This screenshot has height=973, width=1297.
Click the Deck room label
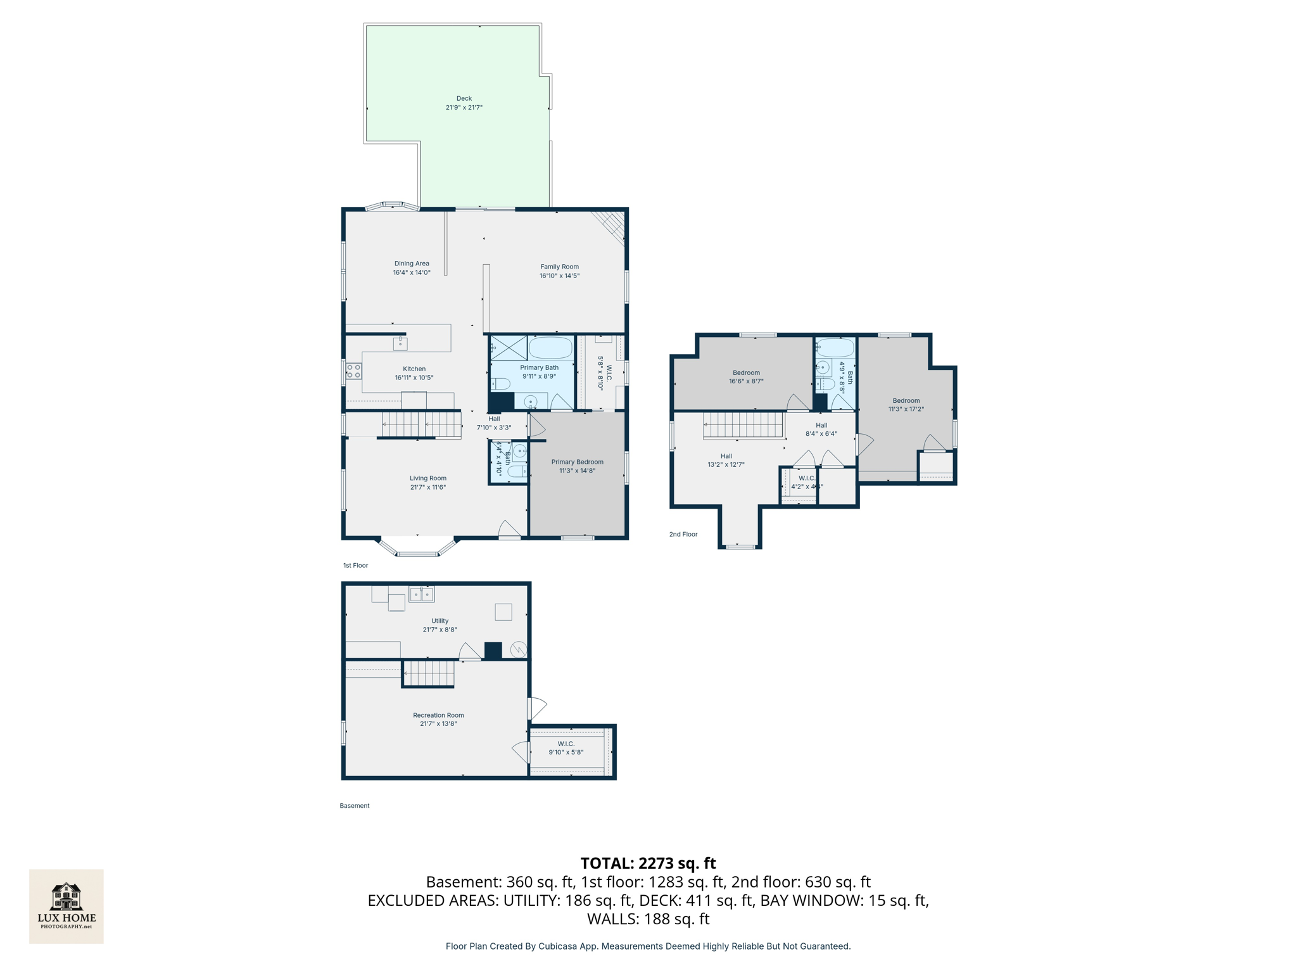click(464, 99)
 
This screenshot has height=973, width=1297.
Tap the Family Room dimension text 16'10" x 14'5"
click(559, 276)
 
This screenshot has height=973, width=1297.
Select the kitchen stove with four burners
click(353, 371)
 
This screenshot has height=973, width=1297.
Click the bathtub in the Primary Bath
click(550, 348)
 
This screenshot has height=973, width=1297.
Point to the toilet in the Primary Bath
click(501, 384)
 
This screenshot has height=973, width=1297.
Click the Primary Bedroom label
click(577, 462)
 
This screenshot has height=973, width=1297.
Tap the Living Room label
click(428, 479)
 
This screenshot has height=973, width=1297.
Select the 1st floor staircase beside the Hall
click(421, 424)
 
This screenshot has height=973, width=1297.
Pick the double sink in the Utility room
click(422, 594)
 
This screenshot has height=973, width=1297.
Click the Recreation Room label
click(438, 715)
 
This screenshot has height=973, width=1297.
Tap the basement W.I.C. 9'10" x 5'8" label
click(566, 748)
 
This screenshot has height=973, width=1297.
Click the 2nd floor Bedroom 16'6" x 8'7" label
click(746, 373)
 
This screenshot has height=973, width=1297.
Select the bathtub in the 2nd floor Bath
click(835, 348)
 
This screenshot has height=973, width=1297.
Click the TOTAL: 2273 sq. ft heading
click(648, 863)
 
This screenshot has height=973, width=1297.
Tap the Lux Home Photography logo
click(66, 906)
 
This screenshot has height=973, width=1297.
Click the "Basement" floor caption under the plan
click(355, 806)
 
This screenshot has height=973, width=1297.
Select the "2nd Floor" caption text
click(683, 535)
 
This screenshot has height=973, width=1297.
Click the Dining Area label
click(412, 264)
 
